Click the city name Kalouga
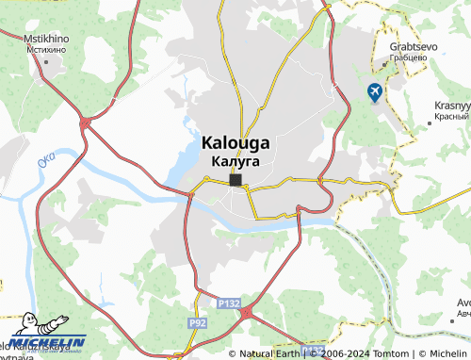pos(235,143)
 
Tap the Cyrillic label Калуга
pos(235,161)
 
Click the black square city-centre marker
pos(235,179)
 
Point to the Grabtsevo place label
pos(407,45)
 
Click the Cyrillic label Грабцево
pos(407,57)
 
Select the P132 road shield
pos(226,304)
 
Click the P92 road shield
pos(198,322)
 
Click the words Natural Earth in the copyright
pos(271,353)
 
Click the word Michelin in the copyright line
pos(440,353)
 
